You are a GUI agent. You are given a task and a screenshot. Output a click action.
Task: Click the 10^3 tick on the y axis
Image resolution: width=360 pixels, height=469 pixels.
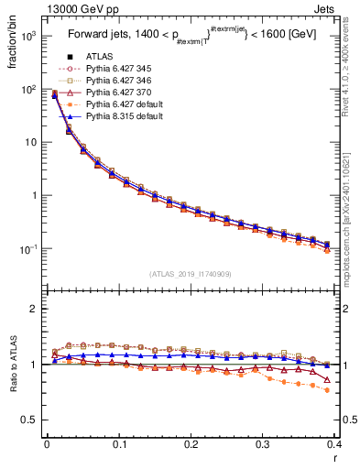(x=30, y=36)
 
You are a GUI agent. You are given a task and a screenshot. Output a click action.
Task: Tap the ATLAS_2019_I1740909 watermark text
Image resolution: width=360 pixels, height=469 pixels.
(x=191, y=274)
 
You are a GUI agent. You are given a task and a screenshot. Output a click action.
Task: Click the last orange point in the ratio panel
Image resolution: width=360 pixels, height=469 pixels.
(x=328, y=390)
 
